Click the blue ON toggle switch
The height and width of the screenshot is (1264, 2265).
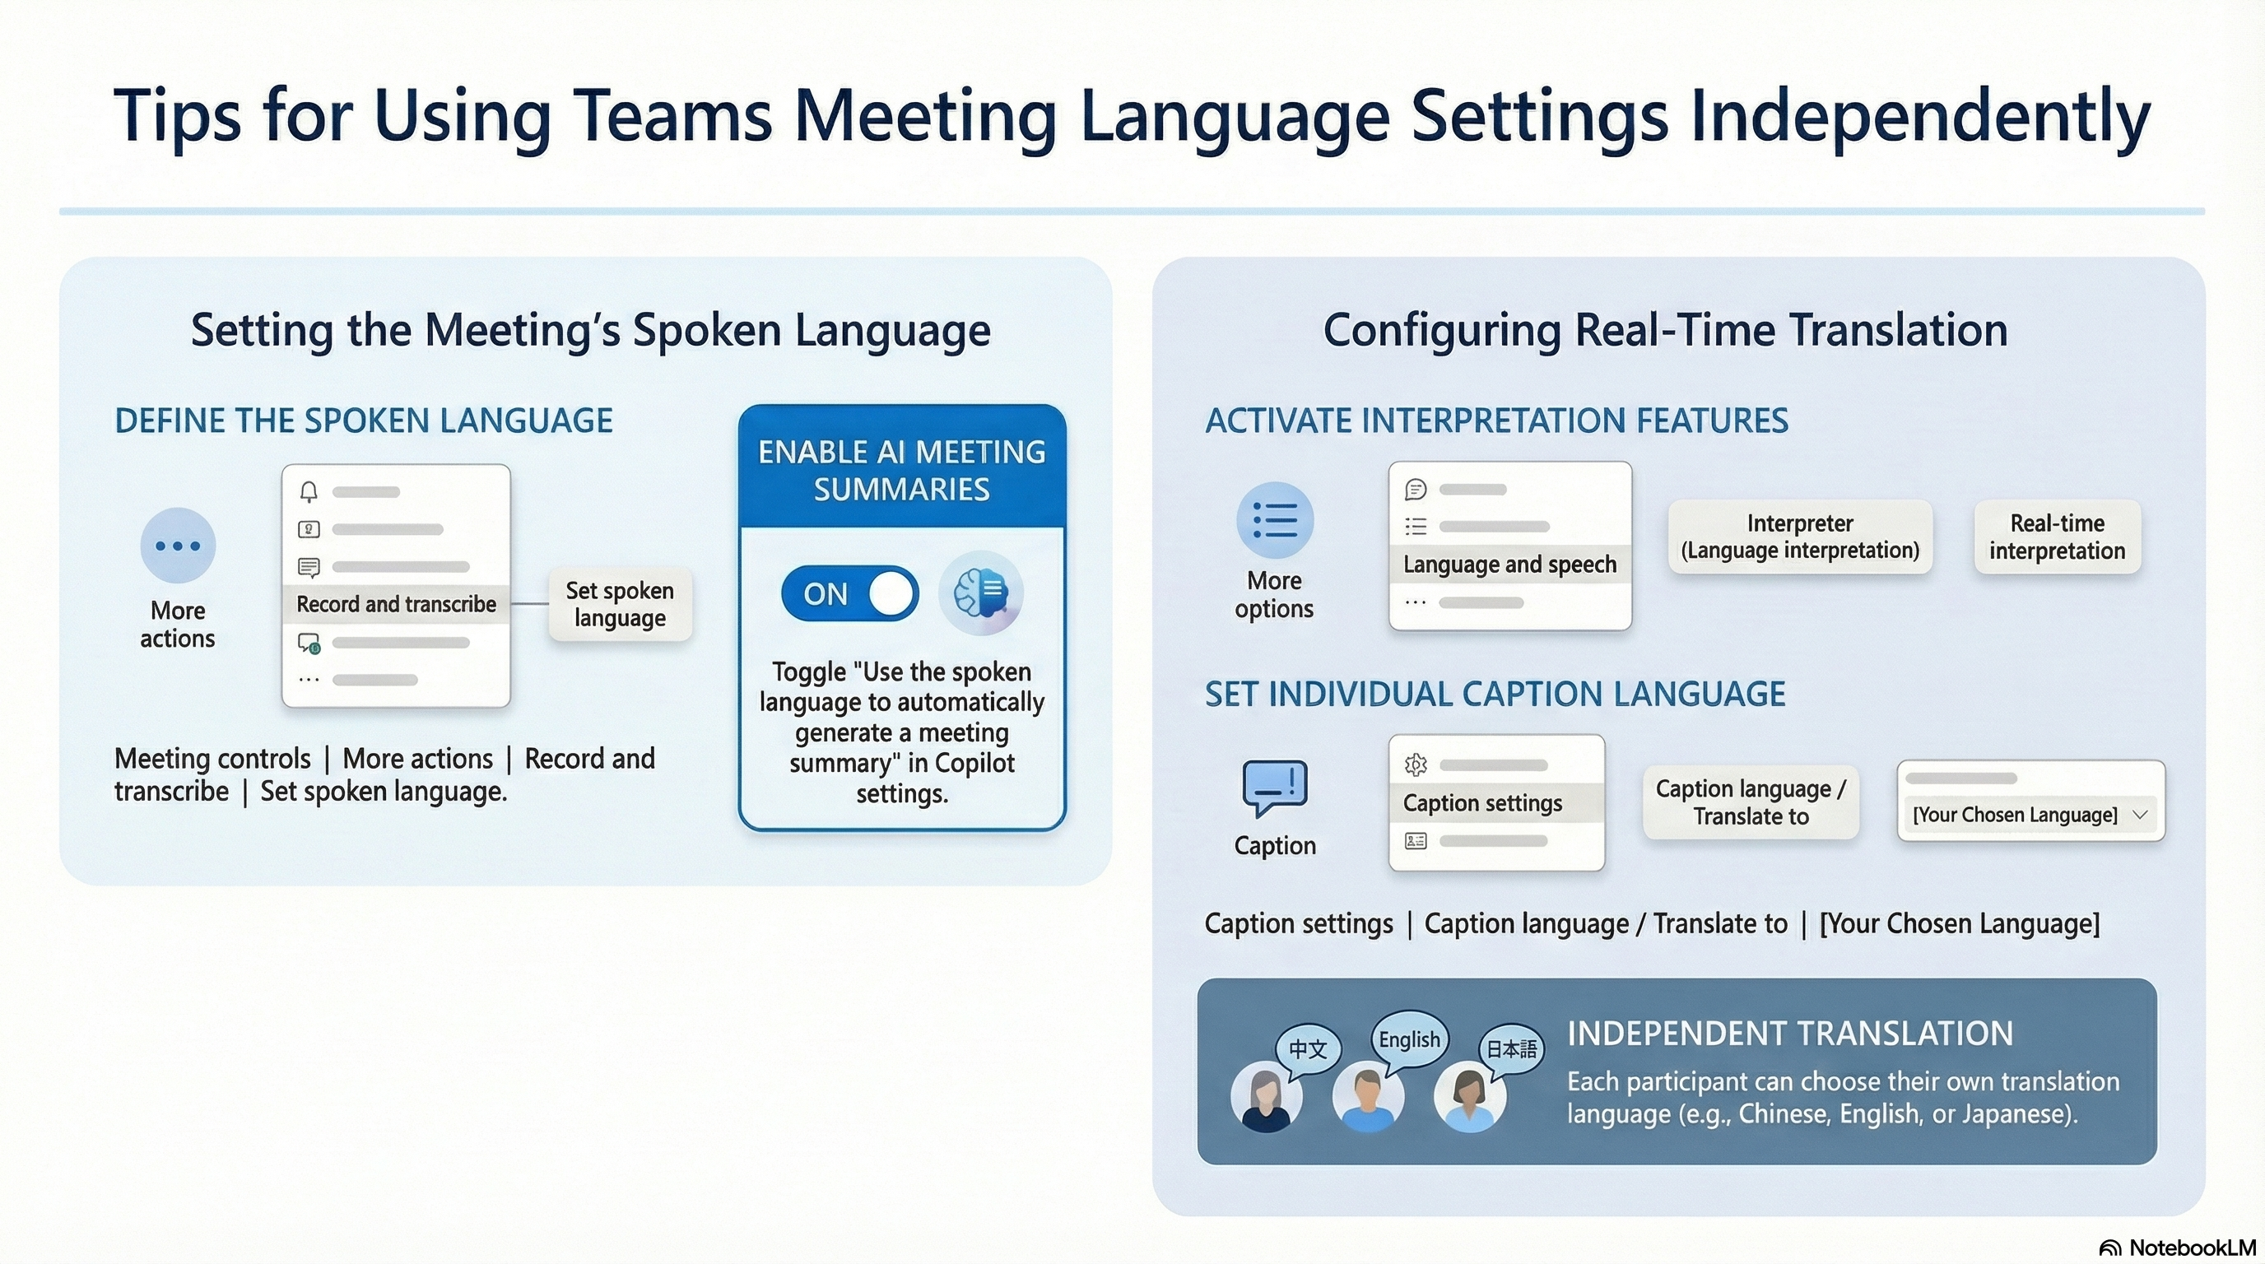(849, 593)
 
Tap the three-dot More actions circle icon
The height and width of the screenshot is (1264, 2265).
(178, 546)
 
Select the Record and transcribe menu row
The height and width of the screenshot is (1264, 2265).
(396, 604)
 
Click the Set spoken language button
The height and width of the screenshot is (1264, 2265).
(620, 604)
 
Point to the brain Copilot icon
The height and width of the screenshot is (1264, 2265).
(980, 592)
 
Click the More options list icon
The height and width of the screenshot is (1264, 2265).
(1275, 520)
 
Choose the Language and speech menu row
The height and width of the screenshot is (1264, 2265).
(1509, 565)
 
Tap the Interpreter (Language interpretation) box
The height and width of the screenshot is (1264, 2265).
(1800, 537)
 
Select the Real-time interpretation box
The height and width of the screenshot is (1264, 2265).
(2058, 537)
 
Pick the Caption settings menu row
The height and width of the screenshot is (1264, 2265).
(1495, 802)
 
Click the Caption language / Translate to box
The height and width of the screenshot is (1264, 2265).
(1751, 802)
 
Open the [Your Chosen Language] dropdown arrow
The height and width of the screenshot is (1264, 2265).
(2140, 815)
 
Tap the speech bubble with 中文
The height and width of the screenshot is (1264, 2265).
(1308, 1048)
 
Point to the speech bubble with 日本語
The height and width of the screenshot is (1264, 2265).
(1511, 1048)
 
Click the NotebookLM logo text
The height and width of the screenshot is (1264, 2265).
(2192, 1248)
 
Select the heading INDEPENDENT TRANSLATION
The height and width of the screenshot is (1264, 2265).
(1790, 1034)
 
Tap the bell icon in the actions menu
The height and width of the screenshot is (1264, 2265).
(309, 491)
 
